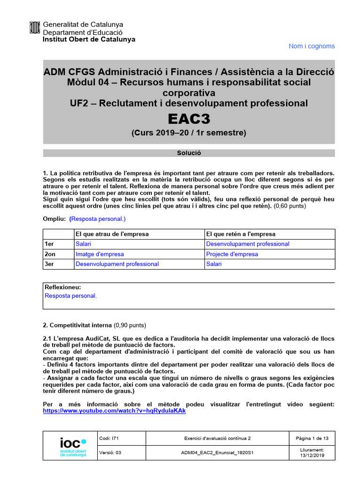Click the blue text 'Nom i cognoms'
[x=312, y=46]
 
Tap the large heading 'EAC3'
[x=188, y=119]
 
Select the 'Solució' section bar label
[x=188, y=153]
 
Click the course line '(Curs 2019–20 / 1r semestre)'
[x=188, y=133]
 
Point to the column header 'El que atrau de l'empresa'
[x=112, y=234]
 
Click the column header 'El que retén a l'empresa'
[x=241, y=234]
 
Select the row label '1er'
[x=50, y=244]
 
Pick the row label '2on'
[x=50, y=254]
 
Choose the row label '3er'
[x=50, y=264]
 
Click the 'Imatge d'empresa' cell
[x=100, y=254]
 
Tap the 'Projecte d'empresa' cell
[x=232, y=254]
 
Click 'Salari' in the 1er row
[x=83, y=244]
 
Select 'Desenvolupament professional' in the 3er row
[x=117, y=264]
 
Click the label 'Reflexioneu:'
[x=63, y=287]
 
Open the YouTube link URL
[x=114, y=411]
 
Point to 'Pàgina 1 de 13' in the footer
[x=312, y=438]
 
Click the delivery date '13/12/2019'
[x=312, y=455]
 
